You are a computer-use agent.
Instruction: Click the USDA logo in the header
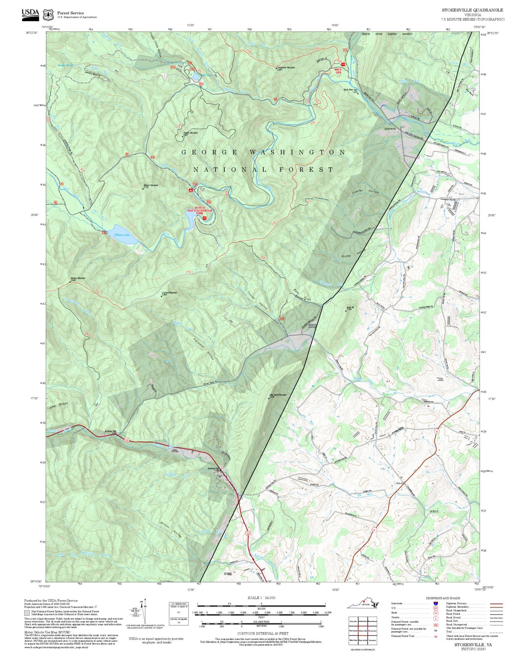click(30, 13)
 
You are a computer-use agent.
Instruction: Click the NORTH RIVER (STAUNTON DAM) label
click(200, 210)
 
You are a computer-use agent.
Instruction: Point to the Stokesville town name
click(390, 129)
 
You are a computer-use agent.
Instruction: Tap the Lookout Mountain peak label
click(169, 293)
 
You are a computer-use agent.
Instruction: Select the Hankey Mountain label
click(77, 279)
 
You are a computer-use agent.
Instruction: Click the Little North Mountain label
click(278, 395)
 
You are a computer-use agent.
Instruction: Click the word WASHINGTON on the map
click(297, 152)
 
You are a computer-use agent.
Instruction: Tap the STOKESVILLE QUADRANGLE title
click(472, 10)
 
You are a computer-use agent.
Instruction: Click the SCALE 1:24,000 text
click(261, 598)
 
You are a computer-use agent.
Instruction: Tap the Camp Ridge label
click(58, 406)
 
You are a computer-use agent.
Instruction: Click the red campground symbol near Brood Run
click(190, 190)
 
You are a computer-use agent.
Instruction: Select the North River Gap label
click(350, 90)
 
